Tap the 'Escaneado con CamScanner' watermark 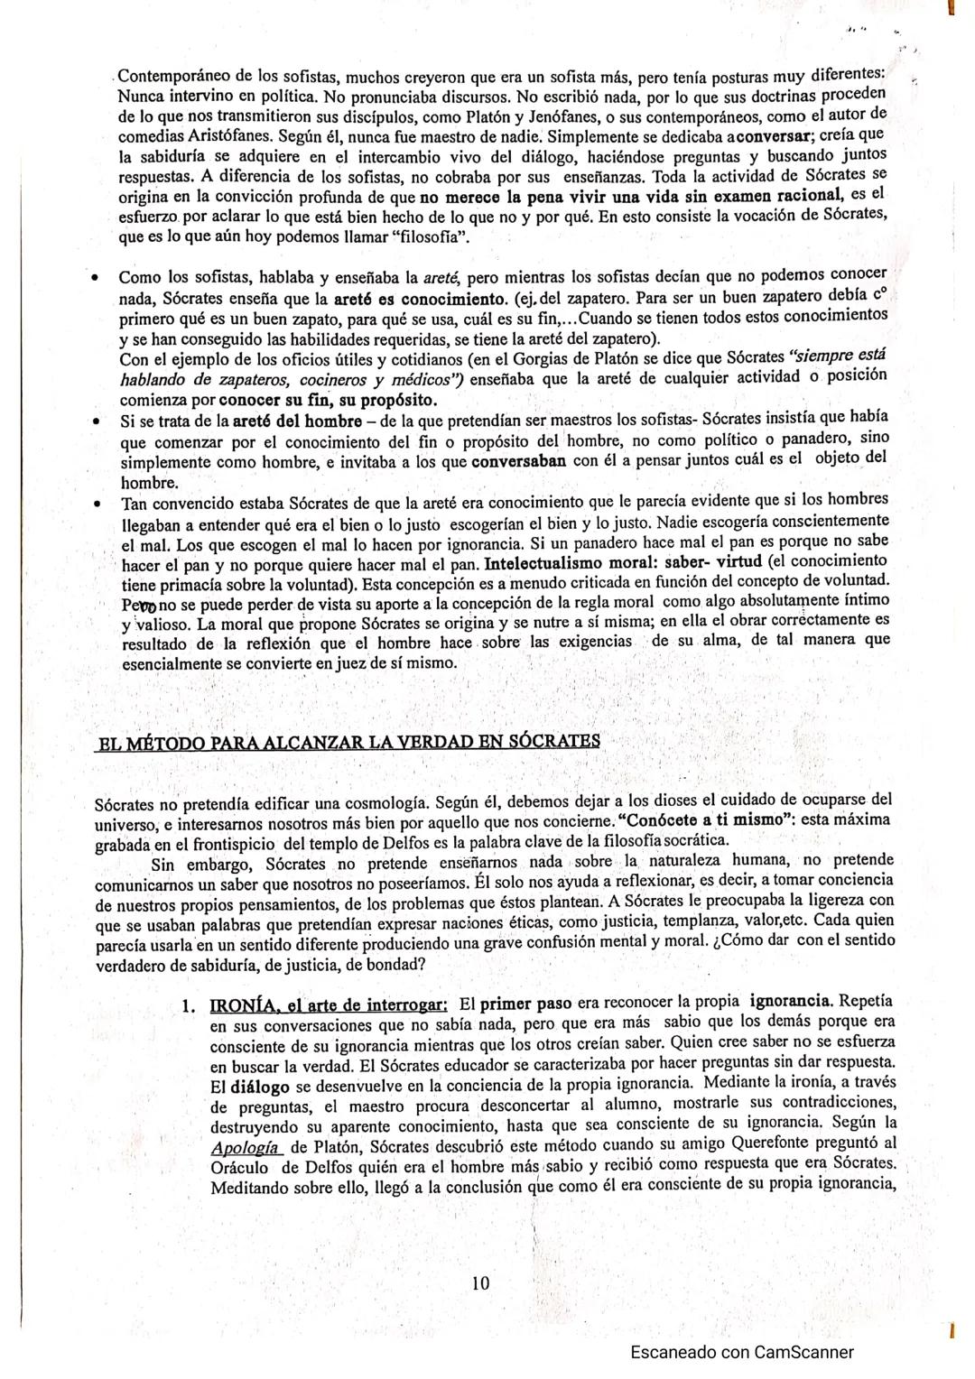pos(741,1352)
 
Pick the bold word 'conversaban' pos(519,460)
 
